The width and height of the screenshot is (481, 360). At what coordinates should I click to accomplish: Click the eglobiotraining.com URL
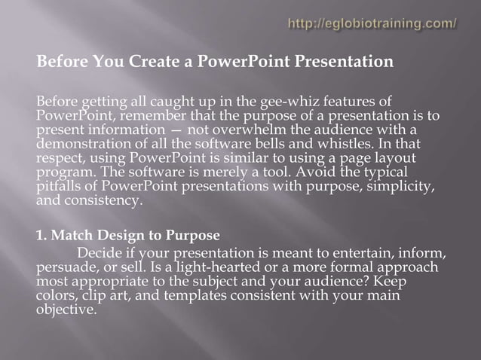tap(372, 23)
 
